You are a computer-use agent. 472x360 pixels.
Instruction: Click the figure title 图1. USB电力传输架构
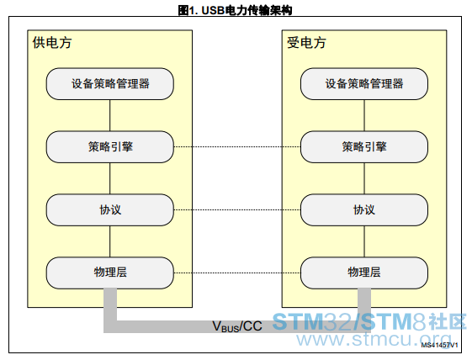235,10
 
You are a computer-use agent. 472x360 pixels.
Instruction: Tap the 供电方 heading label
52,42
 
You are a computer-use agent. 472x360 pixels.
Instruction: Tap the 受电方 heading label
306,42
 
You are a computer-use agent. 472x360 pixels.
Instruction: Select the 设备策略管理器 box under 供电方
110,83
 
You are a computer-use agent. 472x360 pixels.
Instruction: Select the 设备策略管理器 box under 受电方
364,83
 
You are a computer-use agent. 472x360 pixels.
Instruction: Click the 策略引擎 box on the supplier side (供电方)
110,147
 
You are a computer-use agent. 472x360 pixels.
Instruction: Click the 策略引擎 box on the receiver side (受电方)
364,147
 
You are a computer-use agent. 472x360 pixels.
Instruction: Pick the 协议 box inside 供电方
110,209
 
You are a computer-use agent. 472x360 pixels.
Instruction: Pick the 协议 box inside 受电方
364,209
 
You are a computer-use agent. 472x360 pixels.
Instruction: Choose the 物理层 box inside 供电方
110,273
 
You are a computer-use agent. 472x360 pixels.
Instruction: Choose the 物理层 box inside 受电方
364,273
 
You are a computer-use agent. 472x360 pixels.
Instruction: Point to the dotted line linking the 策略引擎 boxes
237,147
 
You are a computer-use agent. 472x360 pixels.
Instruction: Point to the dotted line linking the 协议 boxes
237,209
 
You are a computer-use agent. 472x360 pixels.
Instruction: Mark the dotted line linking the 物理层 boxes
237,273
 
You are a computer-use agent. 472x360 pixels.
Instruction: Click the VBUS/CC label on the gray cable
237,326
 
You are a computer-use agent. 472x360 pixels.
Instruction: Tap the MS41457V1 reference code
439,345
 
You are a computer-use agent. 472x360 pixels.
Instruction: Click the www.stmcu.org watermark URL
374,340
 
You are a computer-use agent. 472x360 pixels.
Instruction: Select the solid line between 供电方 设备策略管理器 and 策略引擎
110,115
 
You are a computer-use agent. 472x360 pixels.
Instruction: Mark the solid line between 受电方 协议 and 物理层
364,241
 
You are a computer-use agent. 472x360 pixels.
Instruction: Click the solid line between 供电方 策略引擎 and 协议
110,178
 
